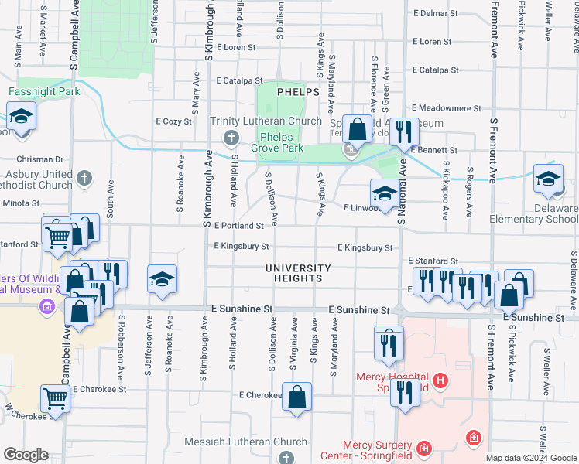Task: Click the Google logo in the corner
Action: coord(26,455)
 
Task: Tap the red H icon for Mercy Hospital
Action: coord(440,380)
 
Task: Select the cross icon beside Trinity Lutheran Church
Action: coord(230,138)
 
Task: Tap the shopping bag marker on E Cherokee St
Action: coord(297,397)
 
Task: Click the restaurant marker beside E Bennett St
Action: coord(402,132)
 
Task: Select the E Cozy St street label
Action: coord(173,121)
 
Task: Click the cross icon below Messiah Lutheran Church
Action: coord(285,458)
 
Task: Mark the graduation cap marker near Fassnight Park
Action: coord(21,118)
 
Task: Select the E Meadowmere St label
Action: coord(447,108)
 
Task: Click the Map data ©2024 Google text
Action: coord(530,459)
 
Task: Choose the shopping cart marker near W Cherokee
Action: coord(56,399)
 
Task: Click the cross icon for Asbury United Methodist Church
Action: coord(85,179)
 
